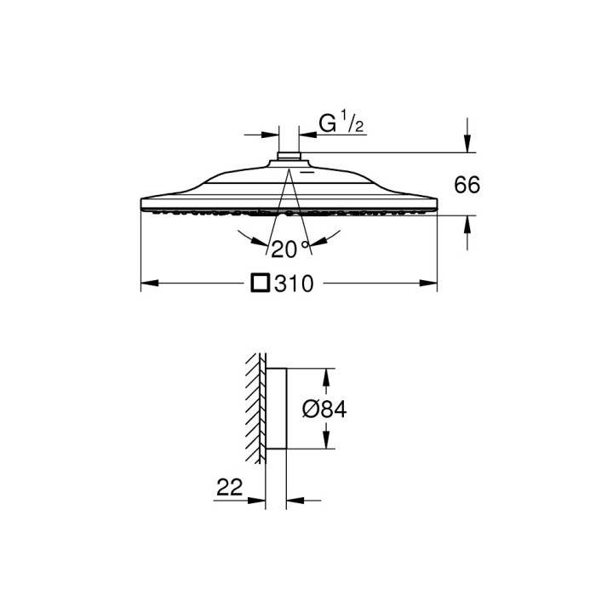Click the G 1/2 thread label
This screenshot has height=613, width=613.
point(341,125)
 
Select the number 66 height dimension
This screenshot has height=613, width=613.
point(467,185)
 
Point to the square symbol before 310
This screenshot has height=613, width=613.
point(262,284)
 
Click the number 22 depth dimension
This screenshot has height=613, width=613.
point(230,487)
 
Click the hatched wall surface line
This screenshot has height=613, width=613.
point(253,409)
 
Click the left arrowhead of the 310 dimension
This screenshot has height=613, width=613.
point(146,284)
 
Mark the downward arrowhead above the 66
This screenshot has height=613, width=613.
point(467,146)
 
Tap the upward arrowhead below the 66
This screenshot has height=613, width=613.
point(467,223)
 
